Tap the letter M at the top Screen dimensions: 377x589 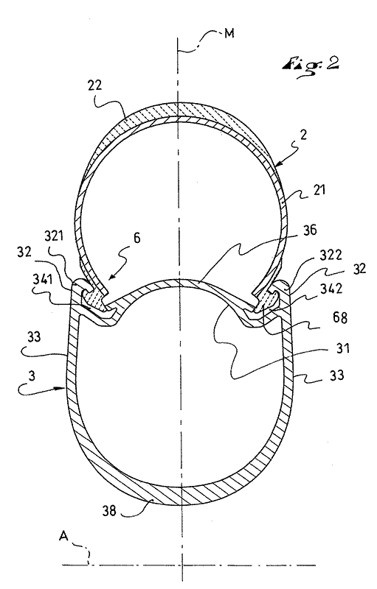229,33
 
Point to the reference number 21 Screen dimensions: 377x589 318,190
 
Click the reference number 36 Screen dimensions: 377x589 308,230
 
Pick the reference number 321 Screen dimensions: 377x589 55,236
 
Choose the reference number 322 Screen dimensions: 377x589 331,255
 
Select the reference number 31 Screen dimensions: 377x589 342,348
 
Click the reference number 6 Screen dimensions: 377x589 137,238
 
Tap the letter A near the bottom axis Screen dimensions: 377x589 63,537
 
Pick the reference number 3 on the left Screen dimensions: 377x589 32,377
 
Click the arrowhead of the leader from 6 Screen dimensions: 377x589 109,279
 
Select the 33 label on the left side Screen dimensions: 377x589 32,338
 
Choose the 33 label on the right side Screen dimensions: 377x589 336,375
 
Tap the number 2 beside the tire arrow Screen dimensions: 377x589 304,135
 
